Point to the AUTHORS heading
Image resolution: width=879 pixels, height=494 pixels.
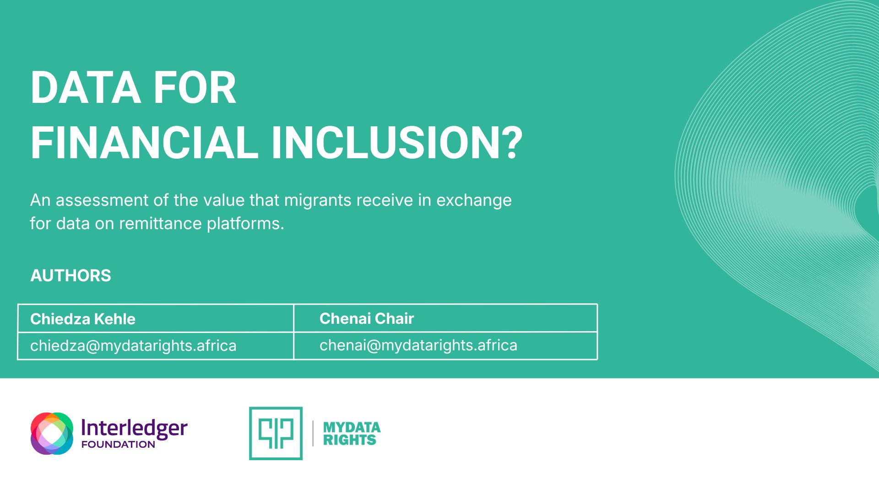click(x=71, y=275)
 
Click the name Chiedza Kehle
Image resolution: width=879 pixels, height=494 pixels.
click(x=83, y=319)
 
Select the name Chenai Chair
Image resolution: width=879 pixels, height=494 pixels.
click(x=367, y=318)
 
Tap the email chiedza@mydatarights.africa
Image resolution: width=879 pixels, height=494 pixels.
click(x=133, y=346)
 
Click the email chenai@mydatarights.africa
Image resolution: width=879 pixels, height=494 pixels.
click(x=418, y=345)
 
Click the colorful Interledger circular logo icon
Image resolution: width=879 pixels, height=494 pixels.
click(x=52, y=433)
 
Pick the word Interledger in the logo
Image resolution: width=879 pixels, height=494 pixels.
click(x=134, y=429)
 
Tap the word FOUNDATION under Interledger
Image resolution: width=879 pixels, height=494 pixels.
click(x=118, y=444)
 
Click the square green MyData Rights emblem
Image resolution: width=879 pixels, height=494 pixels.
click(x=276, y=433)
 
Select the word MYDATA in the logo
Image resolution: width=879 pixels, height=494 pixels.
click(x=352, y=427)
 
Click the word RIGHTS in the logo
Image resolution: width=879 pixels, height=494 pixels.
click(x=350, y=440)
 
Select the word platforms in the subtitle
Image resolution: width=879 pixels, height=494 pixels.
click(x=245, y=224)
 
